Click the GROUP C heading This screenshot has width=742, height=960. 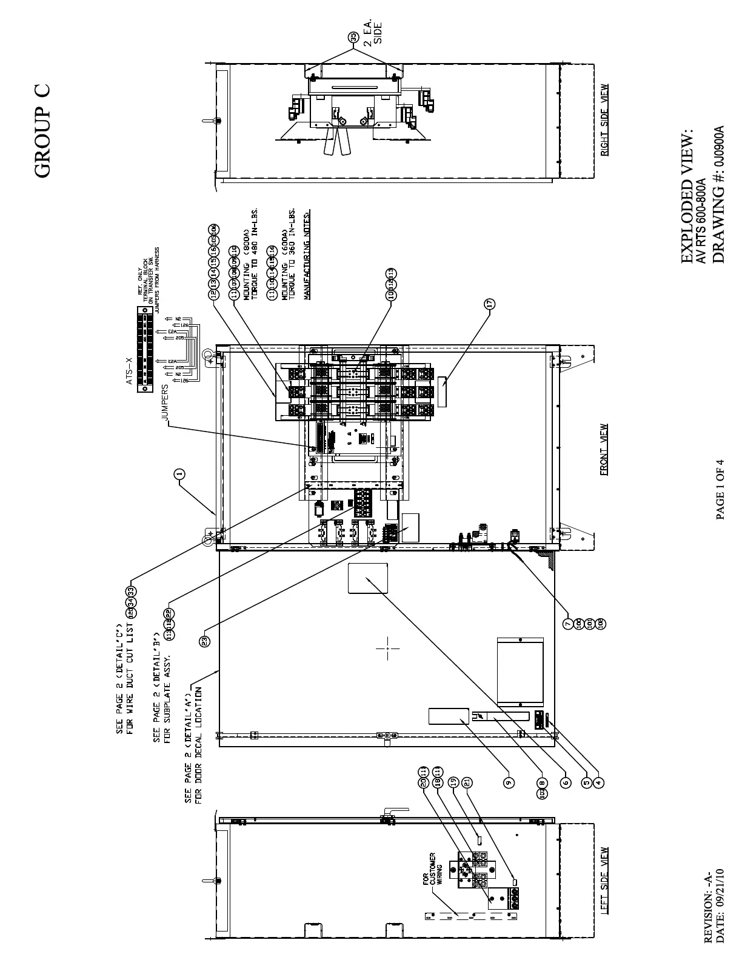click(x=42, y=132)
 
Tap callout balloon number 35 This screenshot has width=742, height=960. click(x=353, y=38)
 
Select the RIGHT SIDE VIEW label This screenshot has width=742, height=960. click(x=604, y=120)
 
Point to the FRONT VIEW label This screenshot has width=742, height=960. click(x=604, y=449)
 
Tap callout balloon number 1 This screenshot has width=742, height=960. click(x=179, y=474)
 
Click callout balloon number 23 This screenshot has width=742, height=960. click(x=205, y=640)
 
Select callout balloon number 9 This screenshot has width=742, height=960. click(x=509, y=782)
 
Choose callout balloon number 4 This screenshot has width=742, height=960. click(x=598, y=782)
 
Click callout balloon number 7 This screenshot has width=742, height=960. click(x=568, y=624)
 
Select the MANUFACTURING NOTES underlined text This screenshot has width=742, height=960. click(x=307, y=255)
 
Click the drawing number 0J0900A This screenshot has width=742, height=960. click(x=719, y=146)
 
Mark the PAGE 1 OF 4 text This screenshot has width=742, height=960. click(x=720, y=489)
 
